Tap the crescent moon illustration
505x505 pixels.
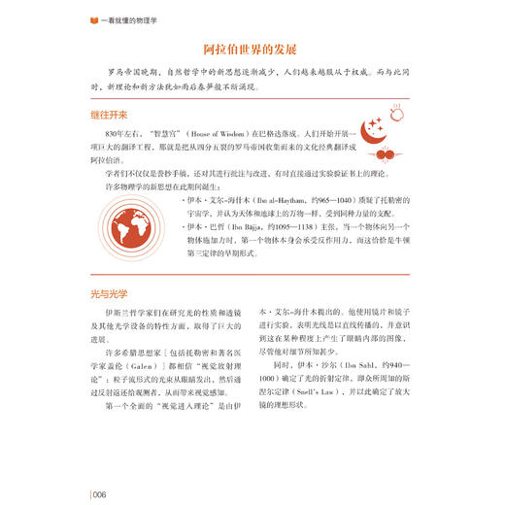click(x=376, y=135)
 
